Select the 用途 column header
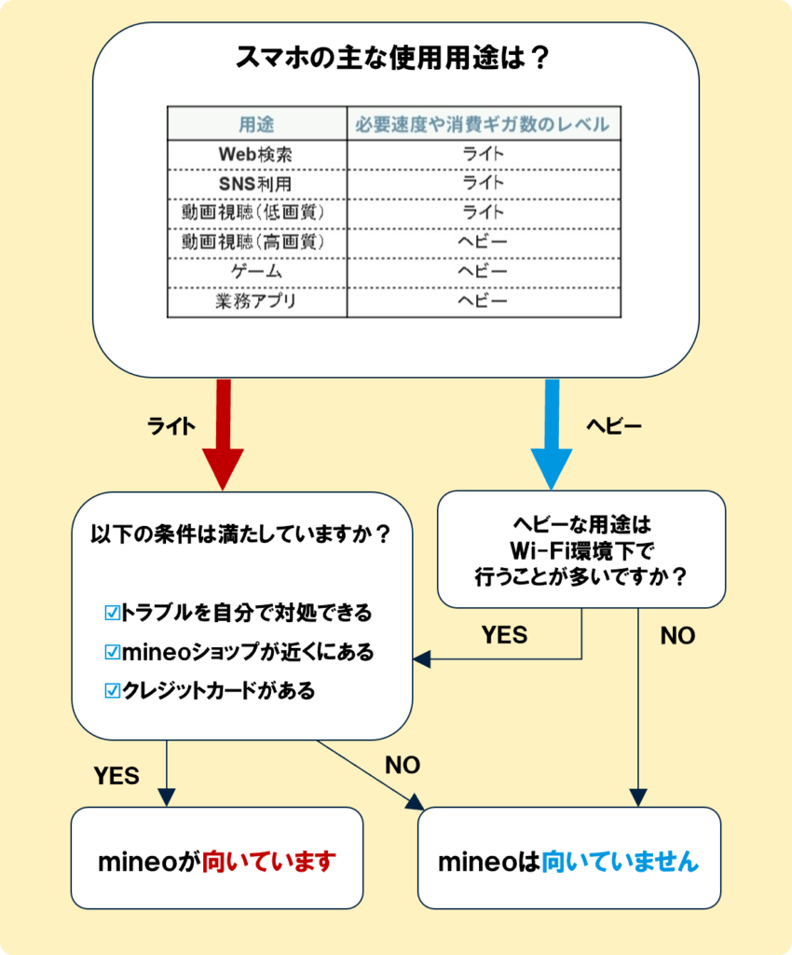click(x=256, y=124)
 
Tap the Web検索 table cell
click(x=256, y=153)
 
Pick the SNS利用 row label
click(x=256, y=183)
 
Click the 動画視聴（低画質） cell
click(x=256, y=213)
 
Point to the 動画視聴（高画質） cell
click(x=256, y=242)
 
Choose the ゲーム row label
click(x=256, y=271)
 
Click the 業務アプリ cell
click(x=256, y=301)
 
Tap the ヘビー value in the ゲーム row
click(x=483, y=271)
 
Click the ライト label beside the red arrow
click(x=171, y=426)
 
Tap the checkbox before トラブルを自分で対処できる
click(x=113, y=613)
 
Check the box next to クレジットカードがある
click(x=113, y=691)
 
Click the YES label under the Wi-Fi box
click(x=504, y=635)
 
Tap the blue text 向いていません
click(x=620, y=861)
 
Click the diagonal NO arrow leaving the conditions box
click(x=368, y=773)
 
